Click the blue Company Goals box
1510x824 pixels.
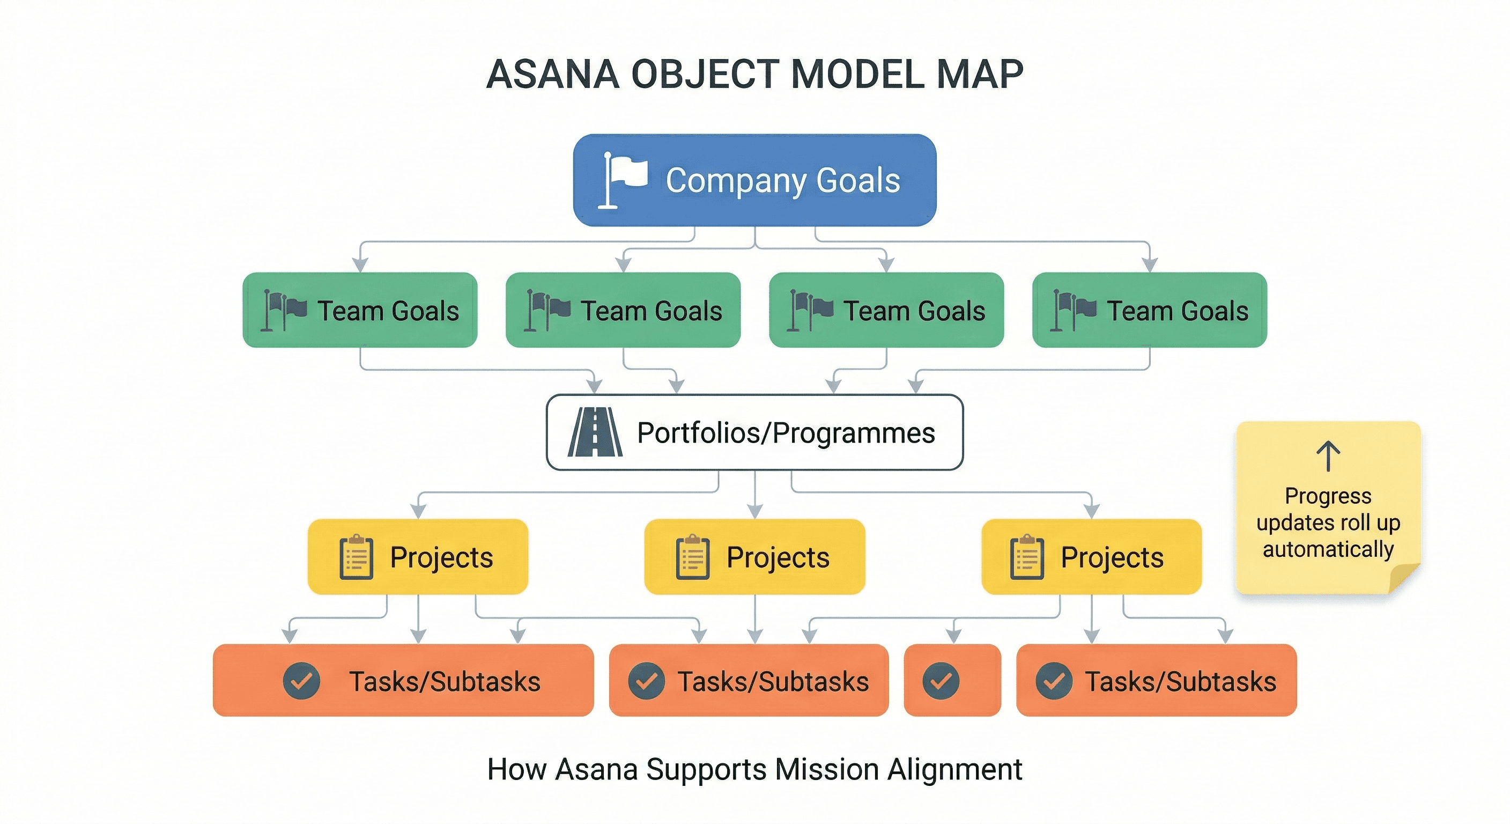pos(754,180)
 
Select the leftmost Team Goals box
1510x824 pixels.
pos(360,310)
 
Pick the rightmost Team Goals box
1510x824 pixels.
pos(1150,310)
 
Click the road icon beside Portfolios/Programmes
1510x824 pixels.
pos(595,432)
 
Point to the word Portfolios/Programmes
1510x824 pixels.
pos(786,433)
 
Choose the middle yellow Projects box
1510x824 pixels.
pos(754,556)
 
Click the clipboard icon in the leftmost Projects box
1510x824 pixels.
pos(356,557)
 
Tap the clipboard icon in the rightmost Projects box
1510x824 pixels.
pos(1027,557)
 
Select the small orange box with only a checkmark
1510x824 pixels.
pos(952,680)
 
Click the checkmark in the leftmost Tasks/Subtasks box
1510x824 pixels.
pos(301,681)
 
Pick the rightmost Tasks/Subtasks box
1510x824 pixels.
pos(1156,680)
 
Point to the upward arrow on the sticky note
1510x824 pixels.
pos(1328,457)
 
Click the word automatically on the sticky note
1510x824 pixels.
pos(1328,549)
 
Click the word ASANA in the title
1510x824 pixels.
pos(553,75)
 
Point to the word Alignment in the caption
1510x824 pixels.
pos(955,769)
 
